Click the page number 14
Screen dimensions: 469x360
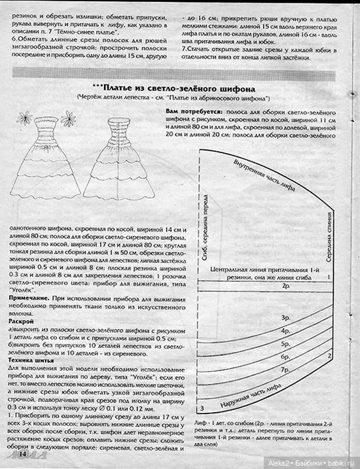coord(22,454)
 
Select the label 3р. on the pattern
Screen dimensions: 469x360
coord(285,317)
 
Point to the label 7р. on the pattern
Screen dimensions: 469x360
coord(285,370)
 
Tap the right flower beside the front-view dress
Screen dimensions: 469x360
coord(67,118)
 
